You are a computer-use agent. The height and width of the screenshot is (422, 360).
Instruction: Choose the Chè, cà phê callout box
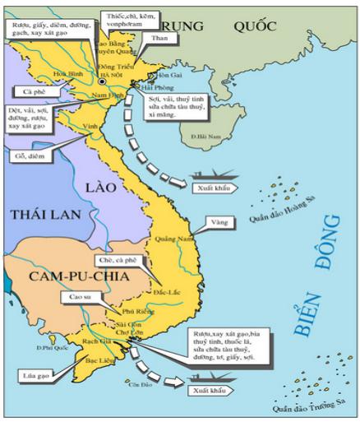pos(117,260)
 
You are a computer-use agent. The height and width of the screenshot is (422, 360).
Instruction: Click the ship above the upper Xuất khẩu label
pos(207,174)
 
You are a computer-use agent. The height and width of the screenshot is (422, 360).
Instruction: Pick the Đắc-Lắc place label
pos(168,292)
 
